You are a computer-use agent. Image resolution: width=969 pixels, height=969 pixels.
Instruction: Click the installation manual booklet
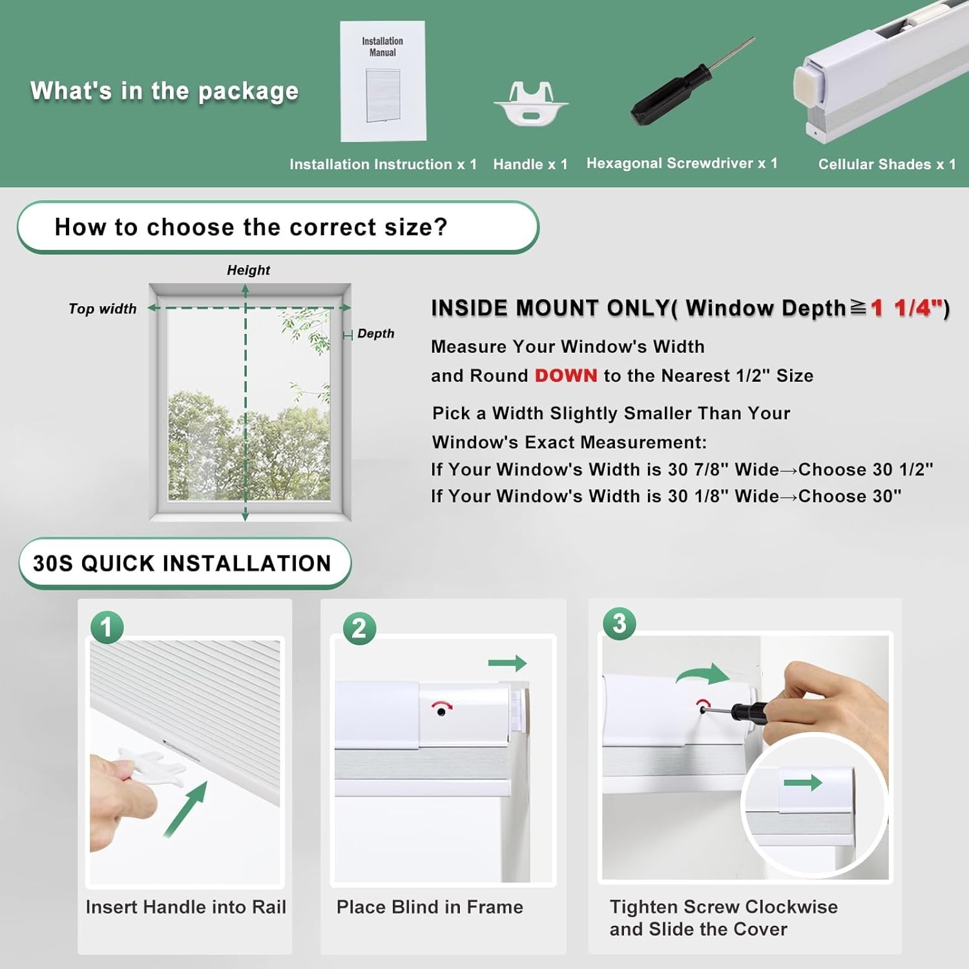coord(383,81)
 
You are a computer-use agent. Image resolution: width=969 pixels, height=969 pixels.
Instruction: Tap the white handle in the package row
coord(531,103)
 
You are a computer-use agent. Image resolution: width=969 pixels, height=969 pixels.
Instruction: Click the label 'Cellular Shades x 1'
coord(887,164)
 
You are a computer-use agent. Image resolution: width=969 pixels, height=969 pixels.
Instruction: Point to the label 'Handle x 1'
coord(530,164)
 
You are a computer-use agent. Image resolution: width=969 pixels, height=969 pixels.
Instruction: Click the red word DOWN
coord(566,375)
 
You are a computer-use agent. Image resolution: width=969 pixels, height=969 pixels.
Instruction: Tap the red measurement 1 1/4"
coord(906,308)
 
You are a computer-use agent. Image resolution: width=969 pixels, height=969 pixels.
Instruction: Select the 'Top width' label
coord(103,309)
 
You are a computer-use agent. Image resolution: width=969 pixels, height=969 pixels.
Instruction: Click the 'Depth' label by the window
coord(375,333)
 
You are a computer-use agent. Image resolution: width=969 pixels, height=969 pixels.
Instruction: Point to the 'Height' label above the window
coord(248,270)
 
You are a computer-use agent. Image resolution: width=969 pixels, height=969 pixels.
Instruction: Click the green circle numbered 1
coord(107,627)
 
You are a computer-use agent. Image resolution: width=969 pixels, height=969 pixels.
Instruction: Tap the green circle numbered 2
coord(359,629)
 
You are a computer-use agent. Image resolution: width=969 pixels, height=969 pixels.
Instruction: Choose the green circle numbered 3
coord(619,623)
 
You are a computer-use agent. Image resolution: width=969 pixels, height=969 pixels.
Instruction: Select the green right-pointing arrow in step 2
coord(508,663)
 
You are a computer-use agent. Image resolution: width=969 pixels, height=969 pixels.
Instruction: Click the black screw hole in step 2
coord(441,712)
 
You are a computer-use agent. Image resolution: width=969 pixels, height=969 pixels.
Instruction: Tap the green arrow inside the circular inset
coord(802,783)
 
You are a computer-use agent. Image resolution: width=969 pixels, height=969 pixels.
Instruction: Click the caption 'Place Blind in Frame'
coord(430,907)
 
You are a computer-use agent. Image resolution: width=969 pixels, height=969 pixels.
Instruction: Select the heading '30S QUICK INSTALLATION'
coord(182,563)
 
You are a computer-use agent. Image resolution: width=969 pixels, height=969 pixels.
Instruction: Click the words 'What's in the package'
coord(164,91)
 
